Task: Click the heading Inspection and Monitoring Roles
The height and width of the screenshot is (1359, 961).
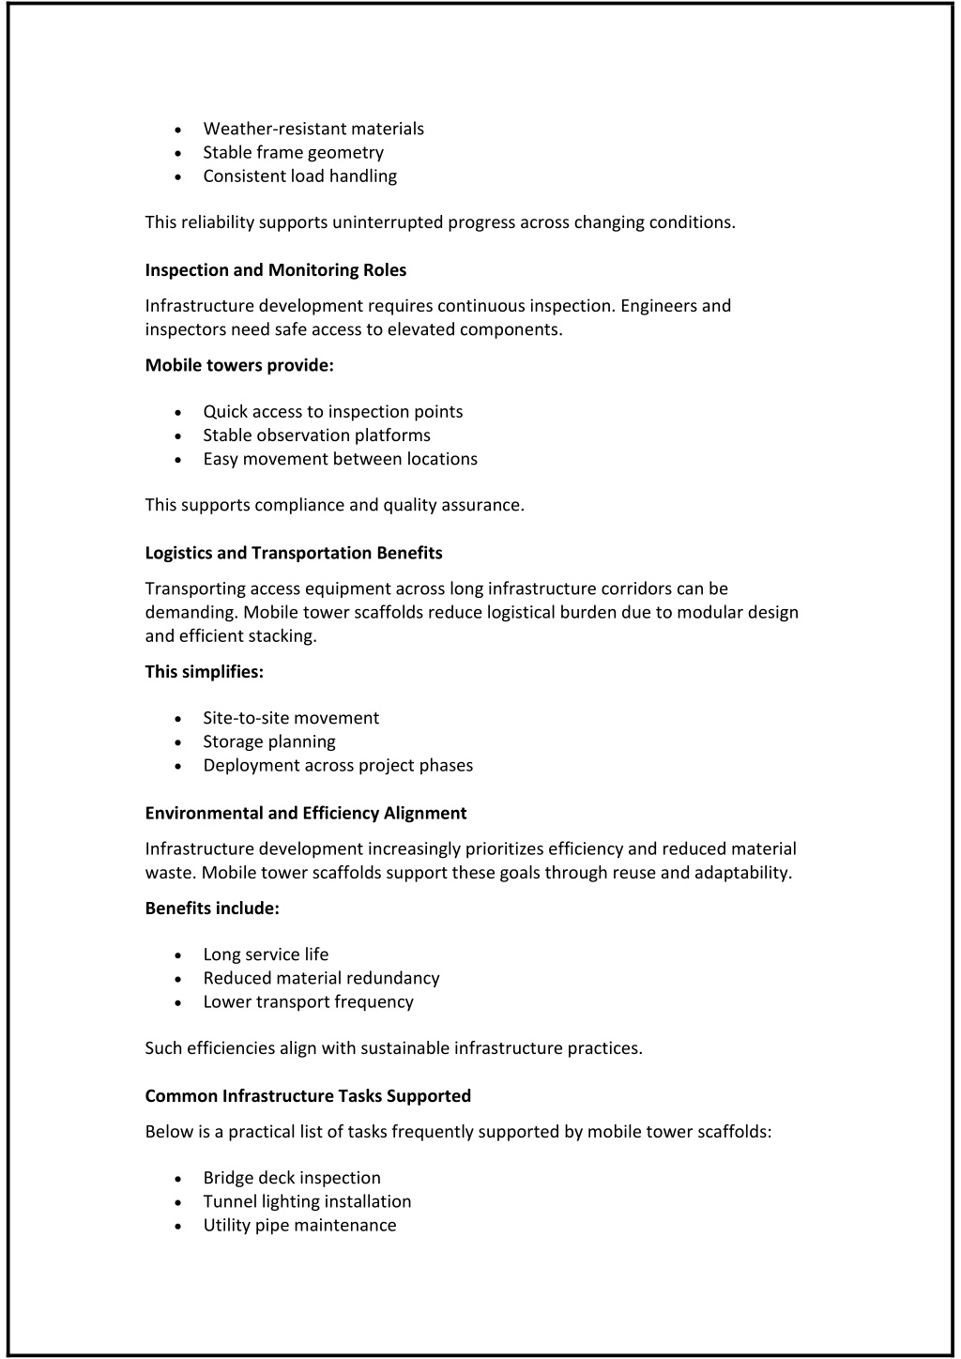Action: point(276,270)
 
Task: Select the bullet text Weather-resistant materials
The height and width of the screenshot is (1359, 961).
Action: point(313,129)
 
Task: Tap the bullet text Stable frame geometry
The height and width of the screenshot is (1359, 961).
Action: point(293,152)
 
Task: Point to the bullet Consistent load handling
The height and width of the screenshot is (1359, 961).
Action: point(299,176)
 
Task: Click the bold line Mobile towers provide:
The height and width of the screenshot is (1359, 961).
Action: point(239,365)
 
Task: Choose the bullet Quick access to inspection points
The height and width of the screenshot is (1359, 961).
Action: point(332,411)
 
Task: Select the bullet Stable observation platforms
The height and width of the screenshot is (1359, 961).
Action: point(316,435)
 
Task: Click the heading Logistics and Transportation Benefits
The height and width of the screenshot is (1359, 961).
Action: point(294,553)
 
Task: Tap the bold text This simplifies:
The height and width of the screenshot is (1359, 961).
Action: point(205,671)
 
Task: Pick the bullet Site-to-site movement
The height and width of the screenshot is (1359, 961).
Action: point(291,718)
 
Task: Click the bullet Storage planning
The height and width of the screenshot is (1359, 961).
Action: point(268,741)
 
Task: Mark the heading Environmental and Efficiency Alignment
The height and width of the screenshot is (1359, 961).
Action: point(306,813)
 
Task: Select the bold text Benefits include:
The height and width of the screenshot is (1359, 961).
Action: point(212,908)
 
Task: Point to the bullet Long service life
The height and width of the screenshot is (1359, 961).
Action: point(266,954)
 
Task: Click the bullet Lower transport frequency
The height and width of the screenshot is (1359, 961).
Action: point(308,1001)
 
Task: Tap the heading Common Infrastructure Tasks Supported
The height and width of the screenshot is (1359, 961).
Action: point(308,1095)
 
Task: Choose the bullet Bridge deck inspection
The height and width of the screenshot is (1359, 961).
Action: point(292,1178)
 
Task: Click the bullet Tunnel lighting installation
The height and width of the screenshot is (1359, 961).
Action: point(307,1201)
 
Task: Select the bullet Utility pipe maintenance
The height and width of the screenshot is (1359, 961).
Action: point(299,1225)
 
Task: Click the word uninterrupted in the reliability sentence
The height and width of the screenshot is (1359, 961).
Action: point(388,222)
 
